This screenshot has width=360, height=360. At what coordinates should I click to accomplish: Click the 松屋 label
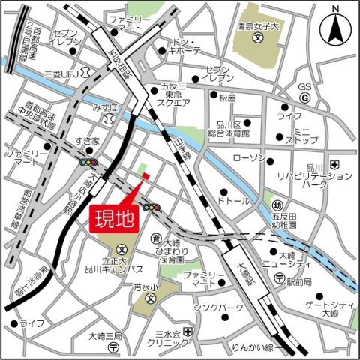[x=228, y=98]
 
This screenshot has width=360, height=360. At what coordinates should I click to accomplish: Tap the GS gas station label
[x=304, y=86]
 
